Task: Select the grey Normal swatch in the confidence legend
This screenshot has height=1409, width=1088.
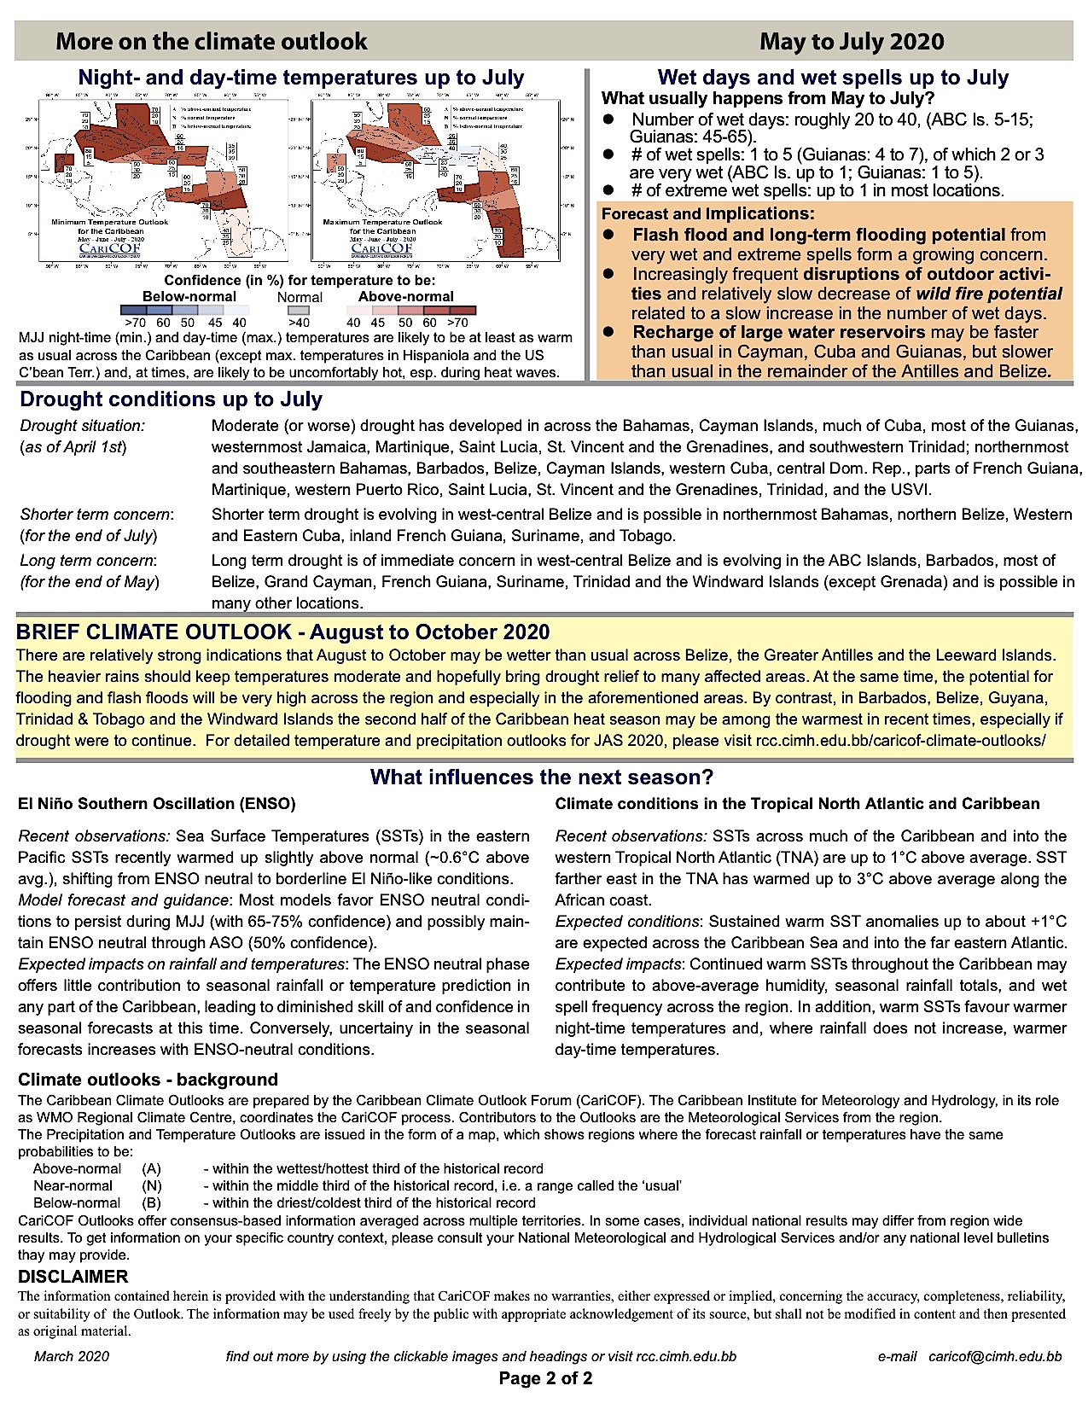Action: [300, 311]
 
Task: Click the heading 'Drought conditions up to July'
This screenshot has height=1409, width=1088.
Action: [171, 400]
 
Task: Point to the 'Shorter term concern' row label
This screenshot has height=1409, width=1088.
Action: [96, 515]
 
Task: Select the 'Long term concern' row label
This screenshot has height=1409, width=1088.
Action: [87, 561]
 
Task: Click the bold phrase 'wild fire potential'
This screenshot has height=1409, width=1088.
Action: [989, 294]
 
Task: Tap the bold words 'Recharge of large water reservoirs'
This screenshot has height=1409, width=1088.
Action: [779, 332]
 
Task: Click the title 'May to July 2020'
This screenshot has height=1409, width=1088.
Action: [852, 42]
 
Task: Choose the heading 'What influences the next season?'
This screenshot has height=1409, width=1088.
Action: [542, 777]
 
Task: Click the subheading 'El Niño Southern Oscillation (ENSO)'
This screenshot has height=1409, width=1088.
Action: [157, 804]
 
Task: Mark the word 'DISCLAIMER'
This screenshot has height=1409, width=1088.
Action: [73, 1277]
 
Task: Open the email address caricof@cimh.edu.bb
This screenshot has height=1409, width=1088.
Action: [995, 1356]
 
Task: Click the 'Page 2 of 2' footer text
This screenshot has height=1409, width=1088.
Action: [545, 1378]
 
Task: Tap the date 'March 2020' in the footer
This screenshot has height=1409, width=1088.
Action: [72, 1356]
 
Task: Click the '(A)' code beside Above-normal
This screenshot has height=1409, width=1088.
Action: [152, 1169]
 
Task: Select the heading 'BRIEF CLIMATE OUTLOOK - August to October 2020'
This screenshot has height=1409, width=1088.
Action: [282, 632]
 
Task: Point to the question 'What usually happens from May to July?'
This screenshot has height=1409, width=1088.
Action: [768, 98]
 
